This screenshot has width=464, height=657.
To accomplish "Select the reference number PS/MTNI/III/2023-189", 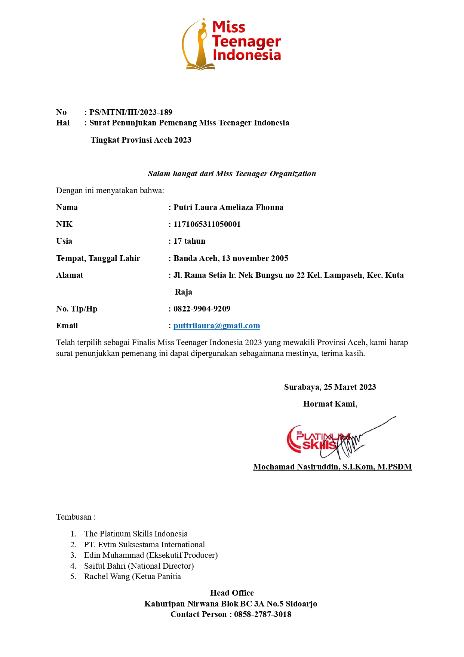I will (x=130, y=112).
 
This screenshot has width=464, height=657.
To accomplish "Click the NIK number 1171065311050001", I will (x=207, y=224).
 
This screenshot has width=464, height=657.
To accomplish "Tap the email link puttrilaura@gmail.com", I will (x=216, y=326).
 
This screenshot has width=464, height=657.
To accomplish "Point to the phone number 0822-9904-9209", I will (x=202, y=309).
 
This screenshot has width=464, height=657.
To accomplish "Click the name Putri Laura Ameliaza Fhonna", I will (x=228, y=207).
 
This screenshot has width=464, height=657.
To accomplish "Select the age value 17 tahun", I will (x=189, y=241).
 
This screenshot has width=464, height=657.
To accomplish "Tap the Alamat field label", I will (x=70, y=275).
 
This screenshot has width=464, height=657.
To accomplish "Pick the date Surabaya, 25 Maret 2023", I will (x=330, y=387).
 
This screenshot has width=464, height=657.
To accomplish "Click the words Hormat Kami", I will (x=330, y=404).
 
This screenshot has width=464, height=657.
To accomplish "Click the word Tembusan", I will (x=74, y=517).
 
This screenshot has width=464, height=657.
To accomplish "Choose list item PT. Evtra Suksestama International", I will (x=144, y=545).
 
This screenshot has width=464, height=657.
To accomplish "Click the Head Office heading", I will (x=232, y=593).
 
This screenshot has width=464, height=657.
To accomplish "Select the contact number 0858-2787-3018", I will (x=262, y=614).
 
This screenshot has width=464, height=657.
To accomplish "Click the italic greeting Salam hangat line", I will (x=232, y=174).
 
